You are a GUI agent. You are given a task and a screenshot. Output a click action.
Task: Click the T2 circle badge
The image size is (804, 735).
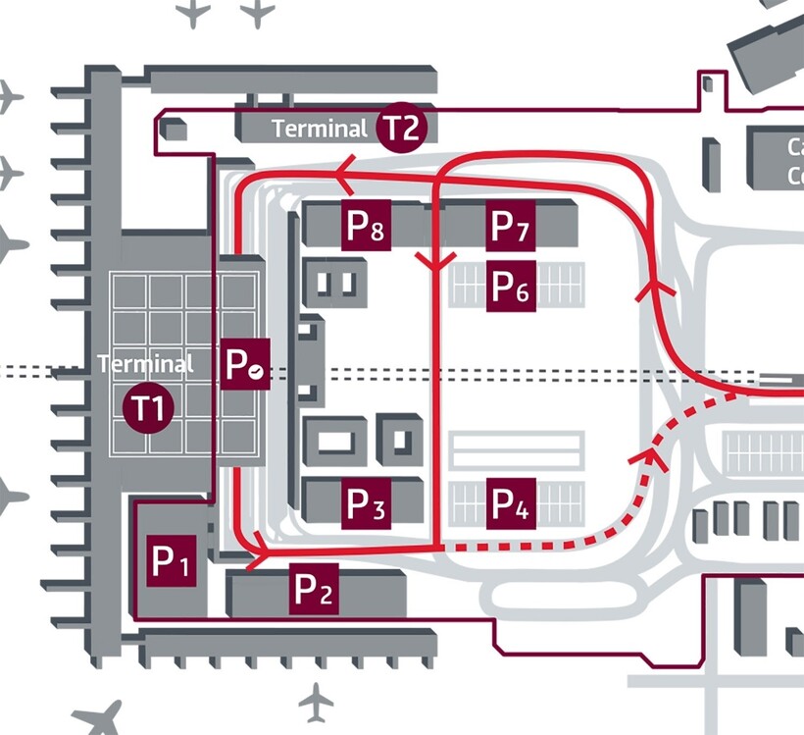coord(401,128)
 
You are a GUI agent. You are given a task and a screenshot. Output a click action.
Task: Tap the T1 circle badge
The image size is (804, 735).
coord(148,406)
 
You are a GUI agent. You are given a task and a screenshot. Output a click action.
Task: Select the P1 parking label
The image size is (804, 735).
coord(171,562)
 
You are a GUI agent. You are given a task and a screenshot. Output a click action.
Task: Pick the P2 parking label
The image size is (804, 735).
coord(315,590)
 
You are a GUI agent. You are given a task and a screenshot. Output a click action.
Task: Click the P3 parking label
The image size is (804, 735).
coord(366,504)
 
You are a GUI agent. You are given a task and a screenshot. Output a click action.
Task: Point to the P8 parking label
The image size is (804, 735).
coord(366,226)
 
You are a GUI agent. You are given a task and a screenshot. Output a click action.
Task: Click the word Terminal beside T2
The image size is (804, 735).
coord(320,129)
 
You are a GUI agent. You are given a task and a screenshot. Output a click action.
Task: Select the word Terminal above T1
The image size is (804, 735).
coord(146,364)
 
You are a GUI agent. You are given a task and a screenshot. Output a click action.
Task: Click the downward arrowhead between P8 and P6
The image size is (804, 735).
coord(434,261)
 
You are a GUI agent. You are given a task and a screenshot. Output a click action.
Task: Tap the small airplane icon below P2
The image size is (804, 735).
coord(316,701)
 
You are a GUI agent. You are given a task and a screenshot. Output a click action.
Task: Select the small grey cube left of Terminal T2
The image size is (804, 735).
coord(174,130)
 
